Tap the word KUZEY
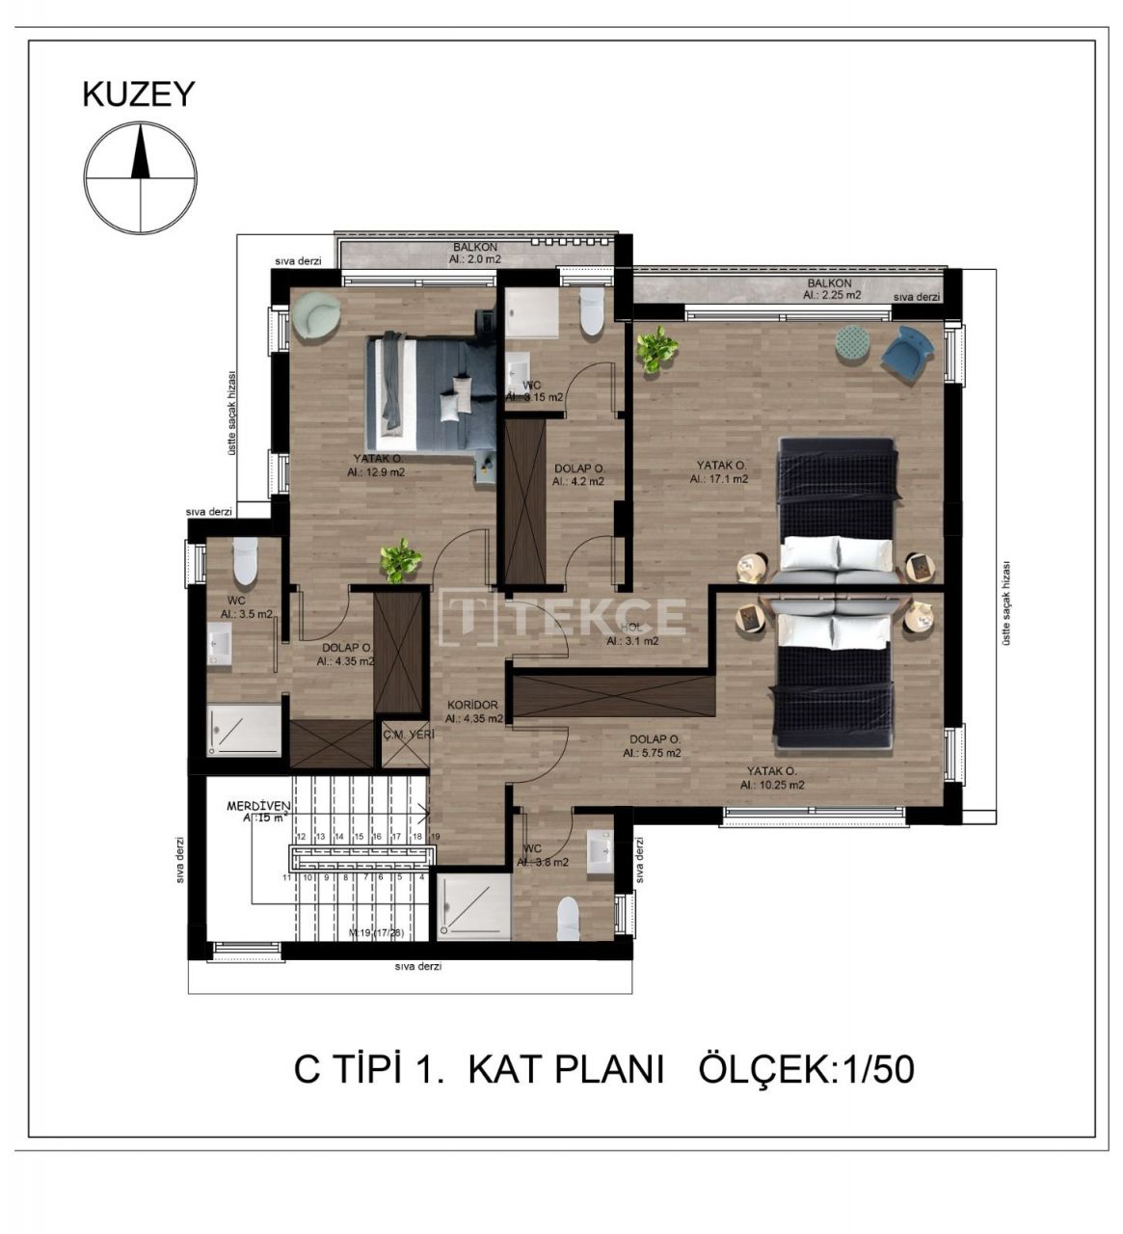139,94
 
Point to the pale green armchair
315,316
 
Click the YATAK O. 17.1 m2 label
721,471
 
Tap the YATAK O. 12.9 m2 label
377,467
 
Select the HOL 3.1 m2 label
631,634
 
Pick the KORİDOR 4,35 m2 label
473,711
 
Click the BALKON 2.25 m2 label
831,289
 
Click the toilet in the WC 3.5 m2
245,560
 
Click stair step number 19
435,837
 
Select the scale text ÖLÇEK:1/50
805,1070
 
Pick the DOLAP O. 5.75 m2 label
653,746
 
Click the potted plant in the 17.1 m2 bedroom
656,349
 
